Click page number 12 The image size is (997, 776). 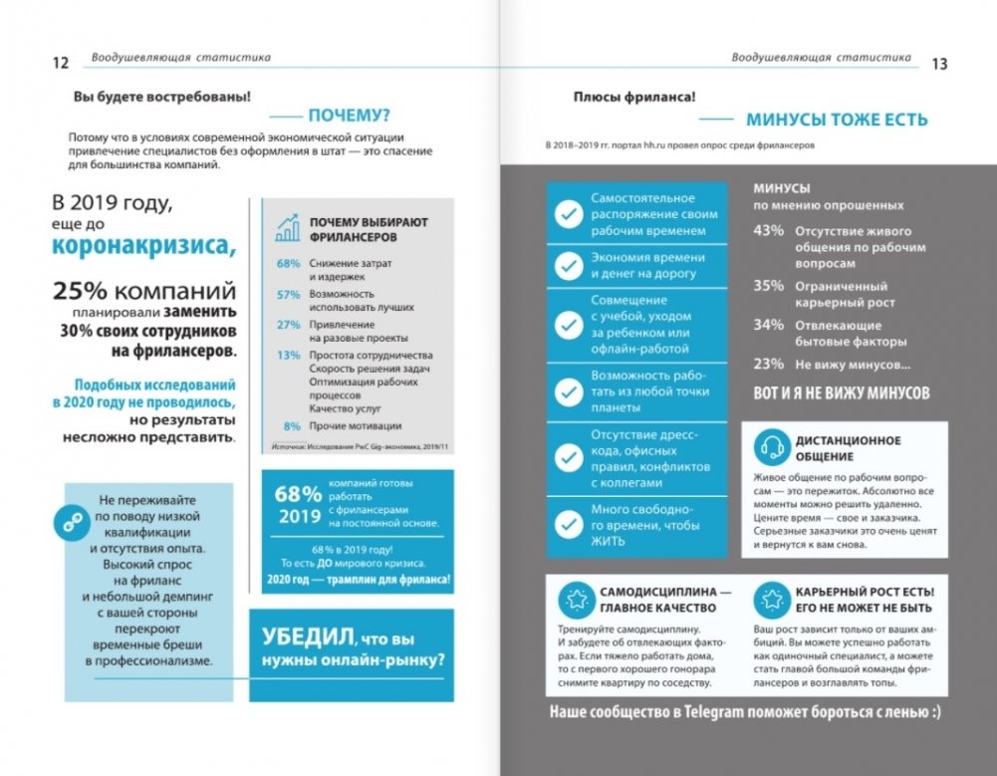coord(59,63)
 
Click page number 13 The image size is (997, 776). coord(938,63)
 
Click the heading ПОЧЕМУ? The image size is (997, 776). coord(349,115)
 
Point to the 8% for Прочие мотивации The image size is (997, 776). coord(293,424)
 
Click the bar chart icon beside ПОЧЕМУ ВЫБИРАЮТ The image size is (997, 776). coord(288,229)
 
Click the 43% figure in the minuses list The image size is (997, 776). coord(769,232)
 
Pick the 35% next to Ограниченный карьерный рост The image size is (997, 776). coord(769,286)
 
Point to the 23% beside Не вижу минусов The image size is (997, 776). coord(769,364)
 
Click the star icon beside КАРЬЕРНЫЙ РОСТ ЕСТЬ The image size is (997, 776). coord(770,599)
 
